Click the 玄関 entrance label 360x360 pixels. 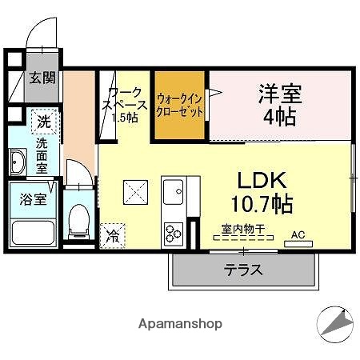pyautogui.click(x=42, y=78)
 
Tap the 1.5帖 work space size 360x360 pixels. pyautogui.click(x=124, y=118)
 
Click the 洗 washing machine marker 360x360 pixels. pyautogui.click(x=44, y=122)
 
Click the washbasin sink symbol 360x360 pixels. pyautogui.click(x=18, y=162)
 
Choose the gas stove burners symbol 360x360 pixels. pyautogui.click(x=174, y=232)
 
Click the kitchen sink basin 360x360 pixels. pyautogui.click(x=174, y=191)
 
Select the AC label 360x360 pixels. pyautogui.click(x=298, y=234)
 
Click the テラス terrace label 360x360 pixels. pyautogui.click(x=243, y=270)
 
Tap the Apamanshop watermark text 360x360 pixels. pyautogui.click(x=180, y=323)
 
